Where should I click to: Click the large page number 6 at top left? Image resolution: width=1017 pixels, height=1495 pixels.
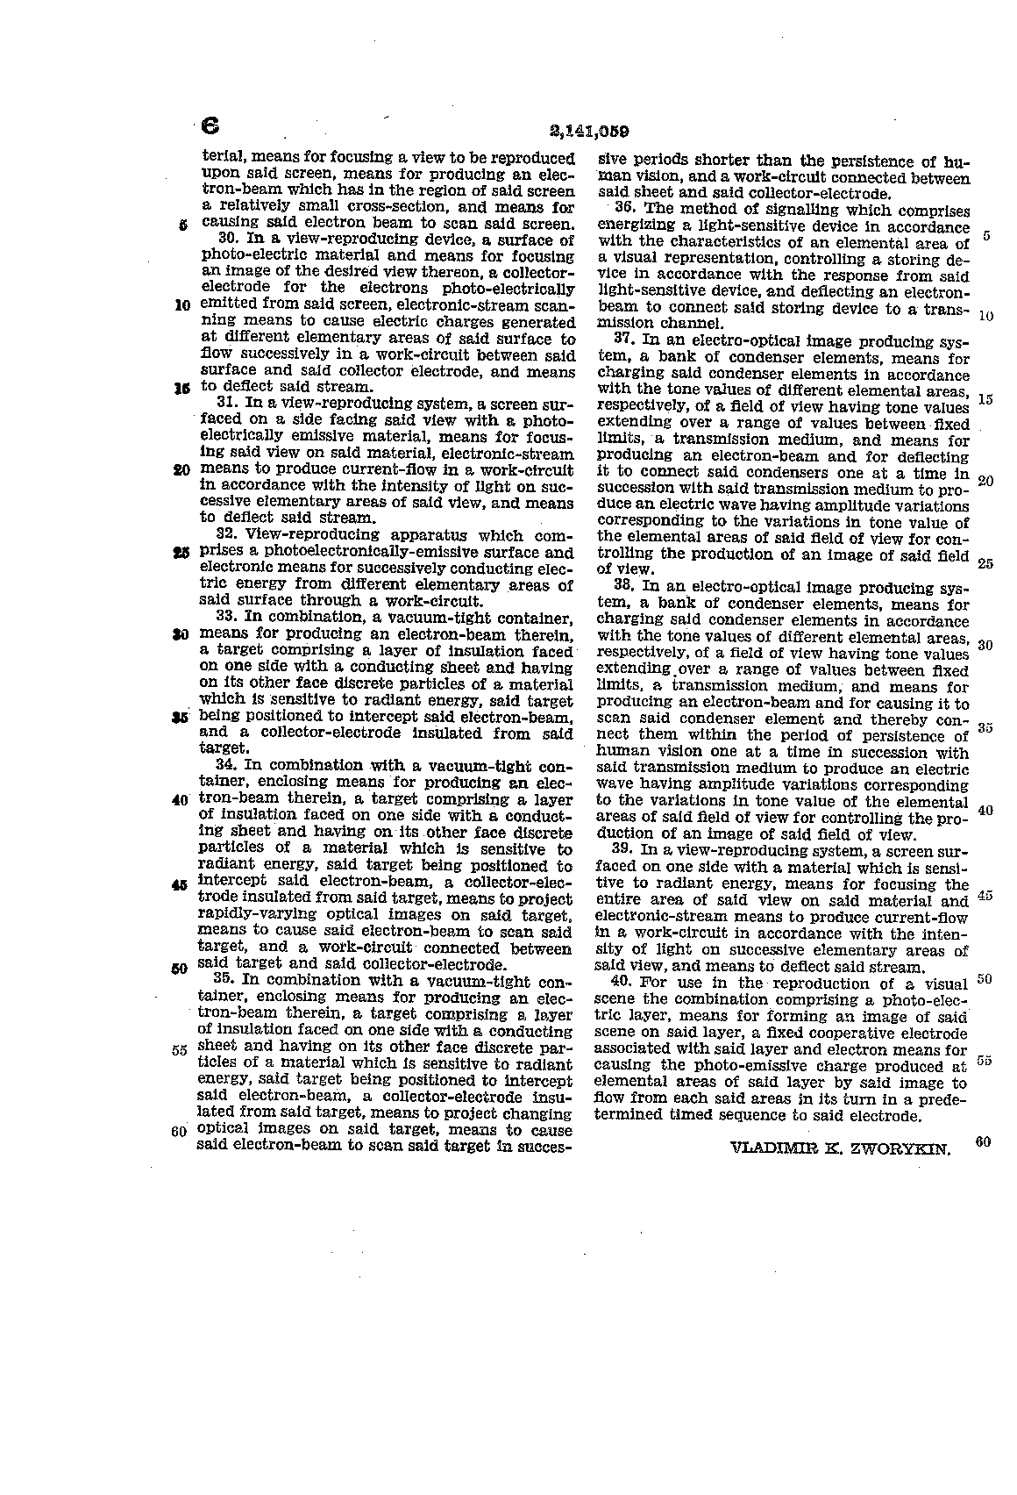[210, 125]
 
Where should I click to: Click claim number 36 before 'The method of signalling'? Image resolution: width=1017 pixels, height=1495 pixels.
[624, 211]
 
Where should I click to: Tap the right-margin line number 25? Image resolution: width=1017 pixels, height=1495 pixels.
[985, 563]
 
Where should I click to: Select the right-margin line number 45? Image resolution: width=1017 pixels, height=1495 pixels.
[985, 897]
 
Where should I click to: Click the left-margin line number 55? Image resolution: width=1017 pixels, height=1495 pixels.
[181, 1049]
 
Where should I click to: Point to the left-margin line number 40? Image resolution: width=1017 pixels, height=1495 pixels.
[181, 800]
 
